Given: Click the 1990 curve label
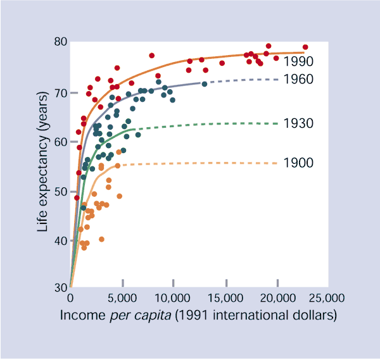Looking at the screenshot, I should tap(299, 61).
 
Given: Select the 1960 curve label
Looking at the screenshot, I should tap(299, 79).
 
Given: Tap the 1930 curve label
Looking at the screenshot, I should tap(299, 123).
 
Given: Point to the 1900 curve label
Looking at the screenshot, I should tap(299, 163).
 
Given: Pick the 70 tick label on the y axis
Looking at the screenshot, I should tap(60, 93).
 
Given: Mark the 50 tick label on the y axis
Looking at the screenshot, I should tap(60, 191).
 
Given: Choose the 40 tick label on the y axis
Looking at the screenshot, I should tap(60, 240).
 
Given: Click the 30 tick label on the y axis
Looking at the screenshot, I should tap(60, 289).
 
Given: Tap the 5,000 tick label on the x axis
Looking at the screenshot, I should tap(120, 298).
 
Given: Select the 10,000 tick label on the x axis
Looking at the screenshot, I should tap(173, 298).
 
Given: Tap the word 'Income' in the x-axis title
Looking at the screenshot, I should tap(81, 314).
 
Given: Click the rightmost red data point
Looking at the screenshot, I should tap(305, 47).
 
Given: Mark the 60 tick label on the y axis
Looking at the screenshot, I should tap(60, 142).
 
